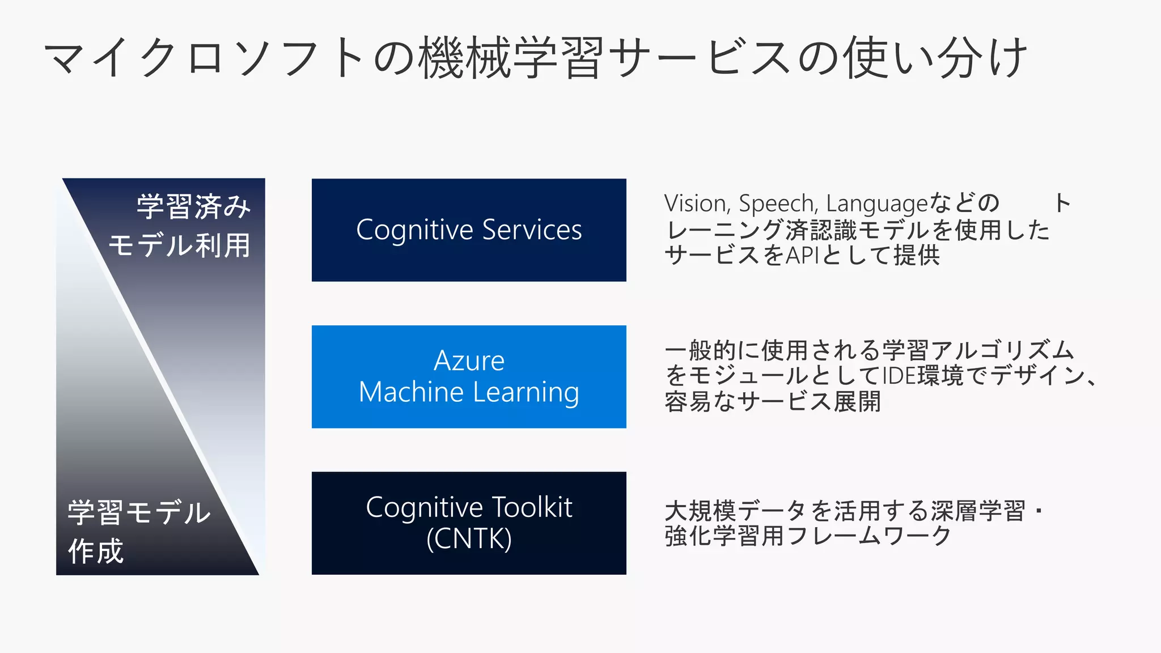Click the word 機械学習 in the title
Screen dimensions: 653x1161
(510, 57)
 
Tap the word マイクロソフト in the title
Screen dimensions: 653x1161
(204, 57)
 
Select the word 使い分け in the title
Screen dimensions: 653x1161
(935, 57)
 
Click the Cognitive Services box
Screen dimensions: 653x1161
(469, 230)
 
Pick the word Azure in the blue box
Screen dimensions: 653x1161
(469, 361)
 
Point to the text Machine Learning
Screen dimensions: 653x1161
(469, 392)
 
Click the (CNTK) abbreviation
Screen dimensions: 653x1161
(469, 538)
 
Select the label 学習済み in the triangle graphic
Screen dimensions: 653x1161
(193, 206)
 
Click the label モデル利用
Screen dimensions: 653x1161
(180, 245)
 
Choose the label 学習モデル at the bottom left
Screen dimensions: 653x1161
(139, 512)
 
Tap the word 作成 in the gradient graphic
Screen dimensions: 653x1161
(95, 551)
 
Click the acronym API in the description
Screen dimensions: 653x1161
(802, 255)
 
